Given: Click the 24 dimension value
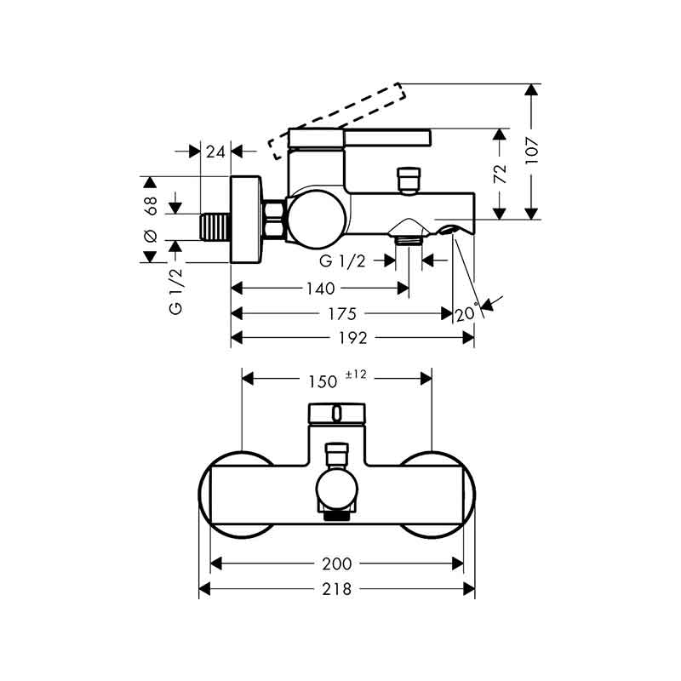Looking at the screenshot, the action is click(215, 152).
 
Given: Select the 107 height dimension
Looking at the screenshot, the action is click(531, 151).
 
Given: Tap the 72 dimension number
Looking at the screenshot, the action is click(501, 174).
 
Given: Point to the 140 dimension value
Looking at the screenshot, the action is click(321, 289).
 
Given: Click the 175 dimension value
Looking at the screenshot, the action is click(342, 313).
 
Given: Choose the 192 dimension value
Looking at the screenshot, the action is click(352, 338).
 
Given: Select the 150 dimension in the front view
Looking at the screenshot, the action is click(323, 381).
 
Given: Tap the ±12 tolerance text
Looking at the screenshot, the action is click(356, 375).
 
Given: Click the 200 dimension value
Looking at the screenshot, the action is click(337, 564).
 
